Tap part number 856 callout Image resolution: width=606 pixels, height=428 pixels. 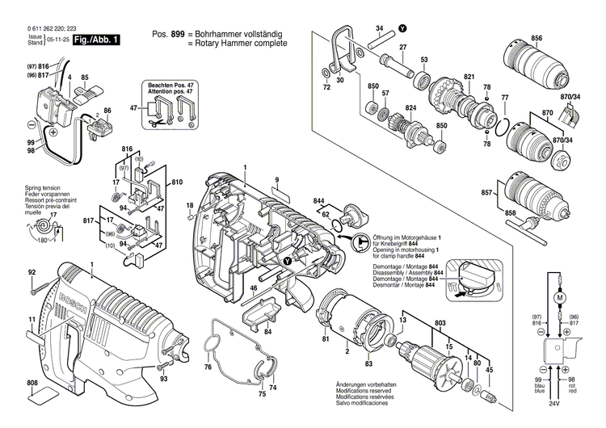[x=537, y=38]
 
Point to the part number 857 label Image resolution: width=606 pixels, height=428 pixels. [x=487, y=194]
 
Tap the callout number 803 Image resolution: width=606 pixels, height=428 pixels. [x=440, y=324]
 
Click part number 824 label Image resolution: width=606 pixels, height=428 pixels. [x=411, y=107]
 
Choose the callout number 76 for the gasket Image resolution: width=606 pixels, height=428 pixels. [x=207, y=367]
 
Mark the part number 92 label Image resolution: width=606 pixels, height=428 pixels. [x=32, y=274]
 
